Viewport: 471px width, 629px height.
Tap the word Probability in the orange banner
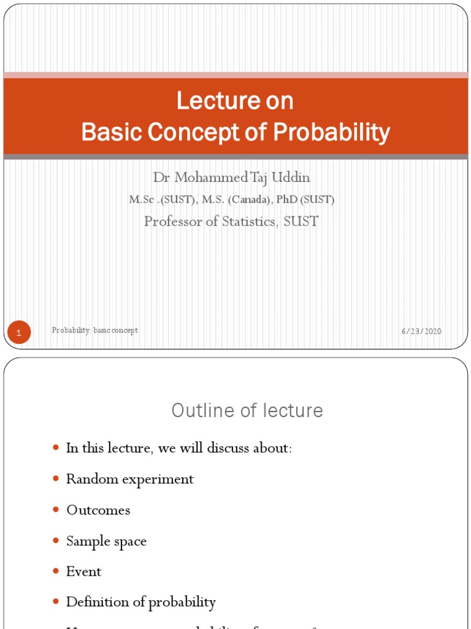(x=331, y=132)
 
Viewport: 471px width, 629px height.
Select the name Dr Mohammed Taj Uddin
(x=231, y=178)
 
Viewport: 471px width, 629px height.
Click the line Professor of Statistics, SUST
(x=231, y=221)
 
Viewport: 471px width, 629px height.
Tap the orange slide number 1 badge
(x=19, y=333)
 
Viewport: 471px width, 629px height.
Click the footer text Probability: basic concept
(x=95, y=330)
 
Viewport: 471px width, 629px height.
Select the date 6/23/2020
(x=421, y=331)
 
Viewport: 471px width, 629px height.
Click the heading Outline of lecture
(x=247, y=410)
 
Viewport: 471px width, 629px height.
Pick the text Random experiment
(x=129, y=479)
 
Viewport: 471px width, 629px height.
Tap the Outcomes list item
(x=98, y=510)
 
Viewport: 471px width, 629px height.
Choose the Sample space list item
(x=106, y=541)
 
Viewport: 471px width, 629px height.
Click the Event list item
(x=83, y=571)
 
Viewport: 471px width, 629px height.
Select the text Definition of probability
(x=140, y=602)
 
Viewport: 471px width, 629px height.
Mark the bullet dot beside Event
(x=56, y=571)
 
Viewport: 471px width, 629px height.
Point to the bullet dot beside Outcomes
(x=56, y=509)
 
